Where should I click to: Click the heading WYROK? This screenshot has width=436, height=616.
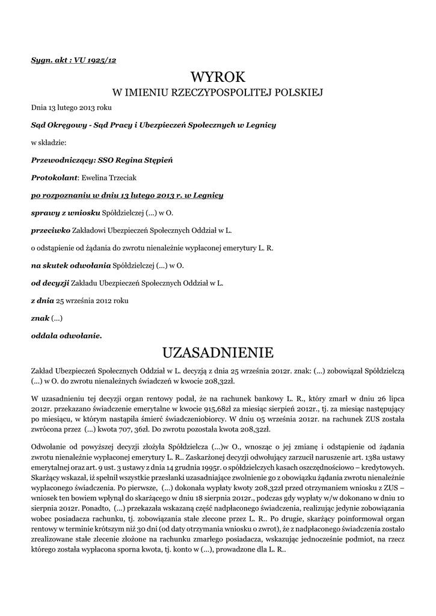pos(218,76)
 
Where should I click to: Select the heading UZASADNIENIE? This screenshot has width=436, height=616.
pos(218,351)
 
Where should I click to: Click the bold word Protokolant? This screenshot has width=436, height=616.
pos(54,177)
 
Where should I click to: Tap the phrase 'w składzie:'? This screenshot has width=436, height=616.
pos(49,143)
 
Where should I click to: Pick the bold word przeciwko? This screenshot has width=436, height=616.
pos(50,230)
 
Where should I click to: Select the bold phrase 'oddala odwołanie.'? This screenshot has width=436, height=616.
pos(66,334)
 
